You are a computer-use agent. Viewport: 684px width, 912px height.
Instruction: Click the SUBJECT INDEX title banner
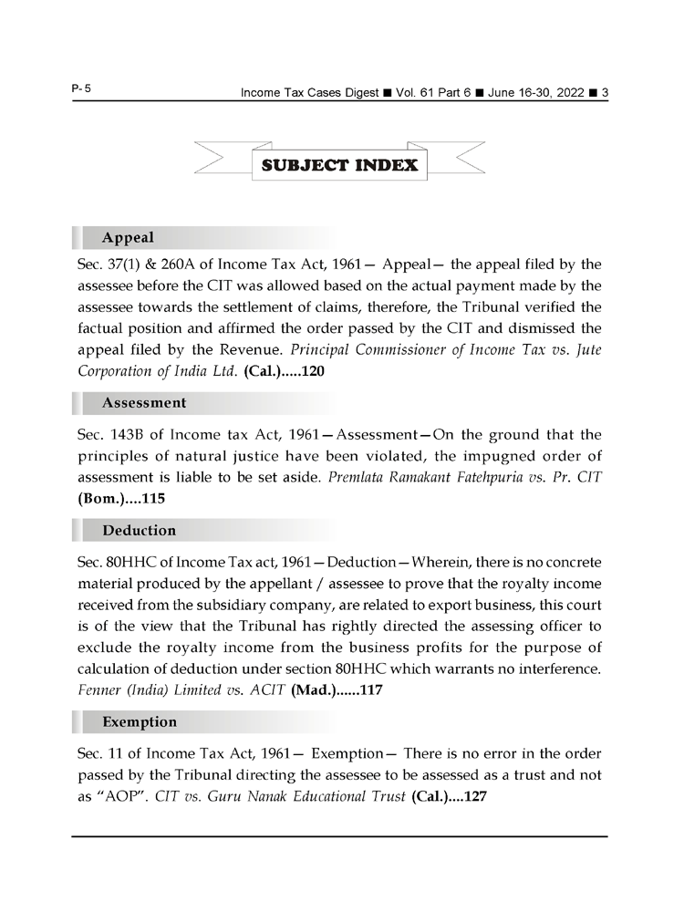point(339,165)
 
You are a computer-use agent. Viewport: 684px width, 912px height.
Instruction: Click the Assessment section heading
point(144,402)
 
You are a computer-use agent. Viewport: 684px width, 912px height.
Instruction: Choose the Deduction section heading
point(140,530)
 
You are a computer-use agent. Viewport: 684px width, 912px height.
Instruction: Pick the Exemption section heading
point(140,721)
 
